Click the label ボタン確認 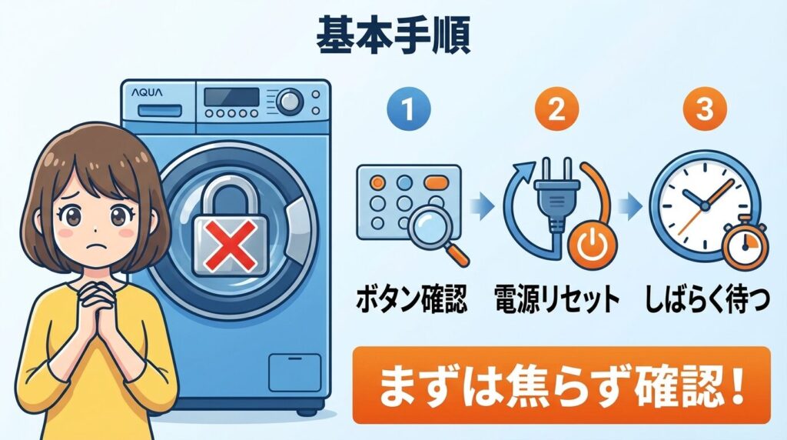(410, 299)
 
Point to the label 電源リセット (556, 299)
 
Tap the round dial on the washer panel (290, 100)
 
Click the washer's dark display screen (232, 97)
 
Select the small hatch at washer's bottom (294, 372)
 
